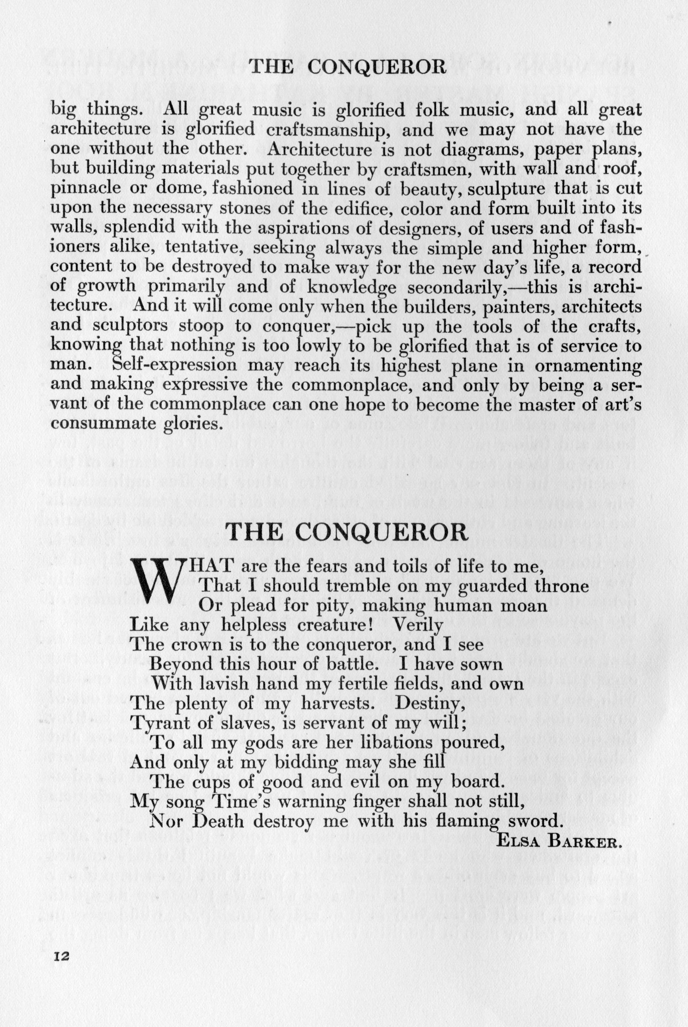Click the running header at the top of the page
[347, 67]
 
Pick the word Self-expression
[174, 365]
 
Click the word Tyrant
[155, 723]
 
